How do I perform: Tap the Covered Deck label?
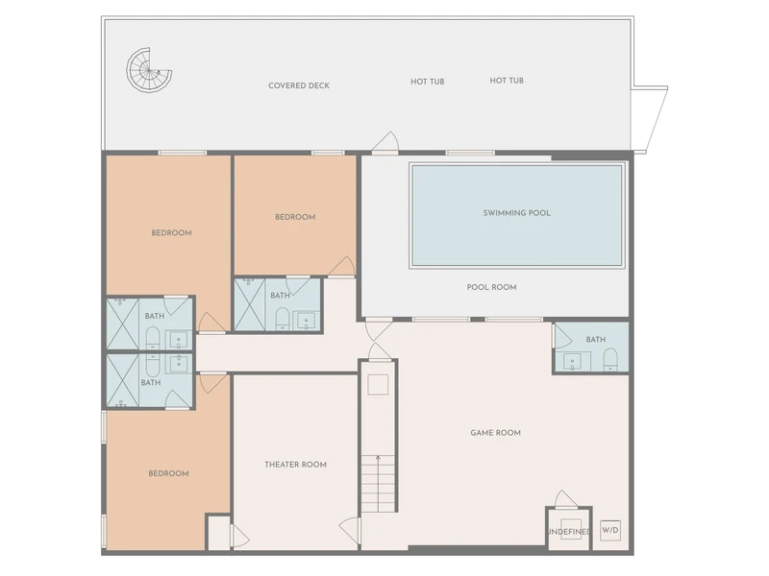pyautogui.click(x=299, y=85)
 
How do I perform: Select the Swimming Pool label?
pyautogui.click(x=516, y=213)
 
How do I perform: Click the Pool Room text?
pyautogui.click(x=491, y=287)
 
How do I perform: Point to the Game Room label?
pyautogui.click(x=495, y=433)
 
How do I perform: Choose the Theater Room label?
pyautogui.click(x=296, y=465)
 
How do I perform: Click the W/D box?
pyautogui.click(x=610, y=530)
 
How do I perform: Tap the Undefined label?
pyautogui.click(x=569, y=532)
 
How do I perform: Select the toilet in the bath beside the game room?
pyautogui.click(x=610, y=359)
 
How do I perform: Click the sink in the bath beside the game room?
pyautogui.click(x=572, y=362)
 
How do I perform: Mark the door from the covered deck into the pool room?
pyautogui.click(x=385, y=142)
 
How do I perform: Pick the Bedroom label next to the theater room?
pyautogui.click(x=169, y=473)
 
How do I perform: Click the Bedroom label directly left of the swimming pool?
pyautogui.click(x=295, y=217)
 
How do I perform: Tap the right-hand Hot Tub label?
pyautogui.click(x=507, y=81)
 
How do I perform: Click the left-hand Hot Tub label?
pyautogui.click(x=428, y=82)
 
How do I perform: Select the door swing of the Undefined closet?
pyautogui.click(x=566, y=499)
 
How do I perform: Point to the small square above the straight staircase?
pyautogui.click(x=378, y=385)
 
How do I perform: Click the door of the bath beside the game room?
pyautogui.click(x=562, y=335)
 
